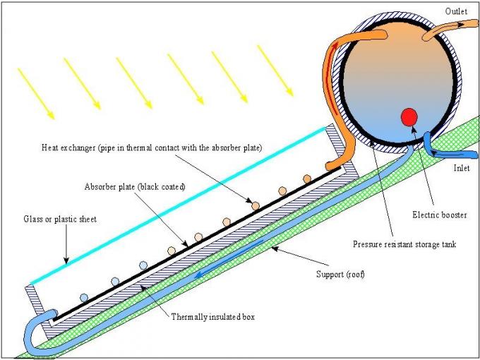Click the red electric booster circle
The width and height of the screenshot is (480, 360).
(408, 117)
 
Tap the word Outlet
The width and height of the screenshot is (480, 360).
(456, 11)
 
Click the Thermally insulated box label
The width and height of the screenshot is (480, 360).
(212, 317)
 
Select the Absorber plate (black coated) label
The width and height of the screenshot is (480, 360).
(134, 187)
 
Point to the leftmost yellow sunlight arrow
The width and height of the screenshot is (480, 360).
(35, 92)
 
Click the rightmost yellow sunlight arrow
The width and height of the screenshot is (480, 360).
(275, 70)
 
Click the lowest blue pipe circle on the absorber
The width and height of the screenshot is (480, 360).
(84, 296)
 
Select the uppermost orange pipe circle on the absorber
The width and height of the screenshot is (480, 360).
(307, 178)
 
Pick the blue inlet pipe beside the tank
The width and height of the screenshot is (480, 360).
(432, 145)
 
